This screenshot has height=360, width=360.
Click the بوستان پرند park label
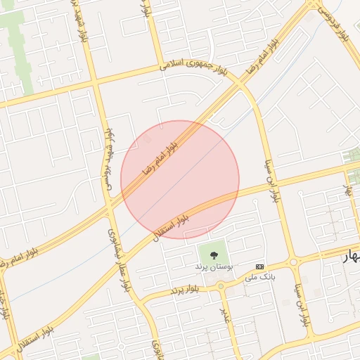[214, 268]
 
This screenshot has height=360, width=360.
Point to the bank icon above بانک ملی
[260, 266]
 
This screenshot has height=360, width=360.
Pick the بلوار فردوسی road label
[335, 20]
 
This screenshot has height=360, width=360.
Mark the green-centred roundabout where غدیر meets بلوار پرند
[220, 286]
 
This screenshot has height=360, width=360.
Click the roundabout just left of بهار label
[292, 262]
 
